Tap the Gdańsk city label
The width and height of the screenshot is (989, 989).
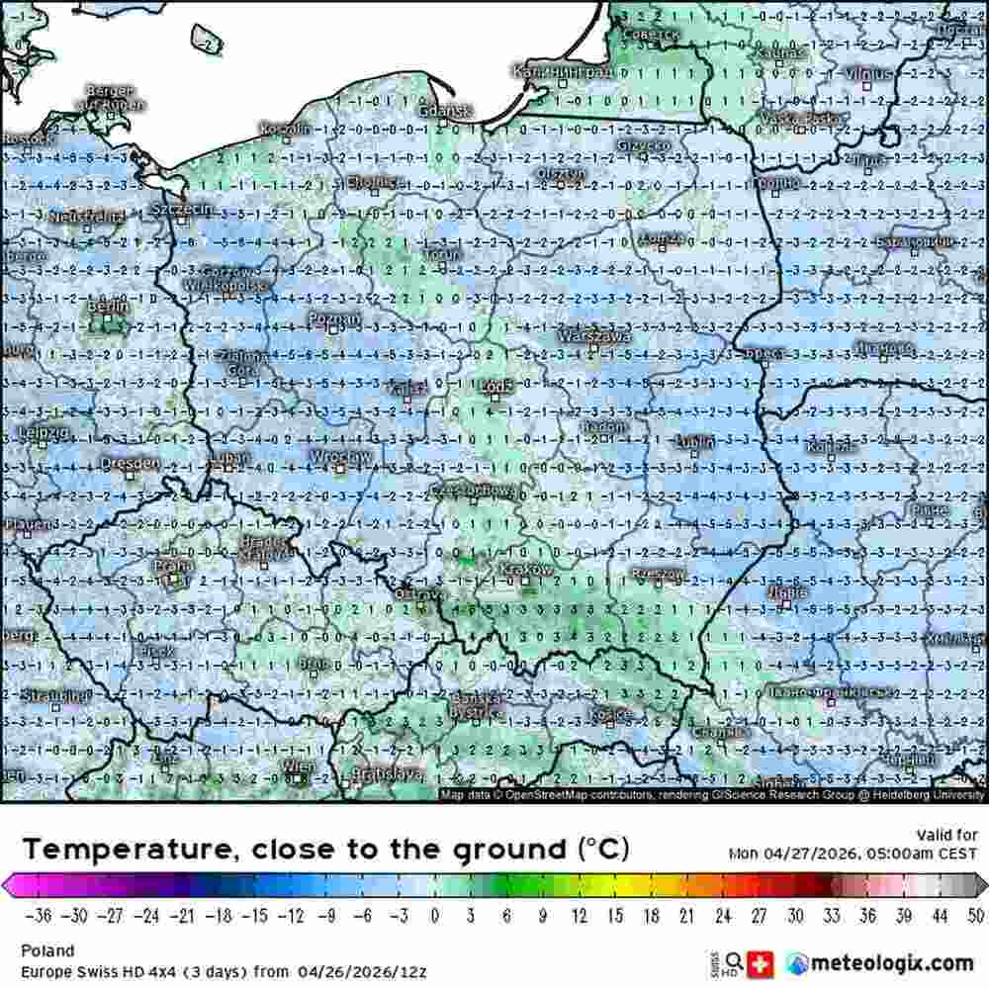coord(445,112)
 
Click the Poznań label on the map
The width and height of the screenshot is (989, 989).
coord(334,318)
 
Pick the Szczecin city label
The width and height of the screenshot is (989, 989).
coord(181,210)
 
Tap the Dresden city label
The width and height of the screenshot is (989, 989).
coord(129,462)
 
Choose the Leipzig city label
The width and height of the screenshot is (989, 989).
coord(44,433)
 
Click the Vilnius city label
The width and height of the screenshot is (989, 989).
coord(867,73)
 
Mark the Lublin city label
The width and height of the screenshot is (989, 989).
coord(695,442)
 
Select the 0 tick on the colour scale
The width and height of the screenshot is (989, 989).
coord(435,915)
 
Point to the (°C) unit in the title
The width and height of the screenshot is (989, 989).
coord(602,849)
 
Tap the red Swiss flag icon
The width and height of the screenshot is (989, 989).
coord(760,961)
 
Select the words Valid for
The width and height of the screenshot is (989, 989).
coord(945,835)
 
